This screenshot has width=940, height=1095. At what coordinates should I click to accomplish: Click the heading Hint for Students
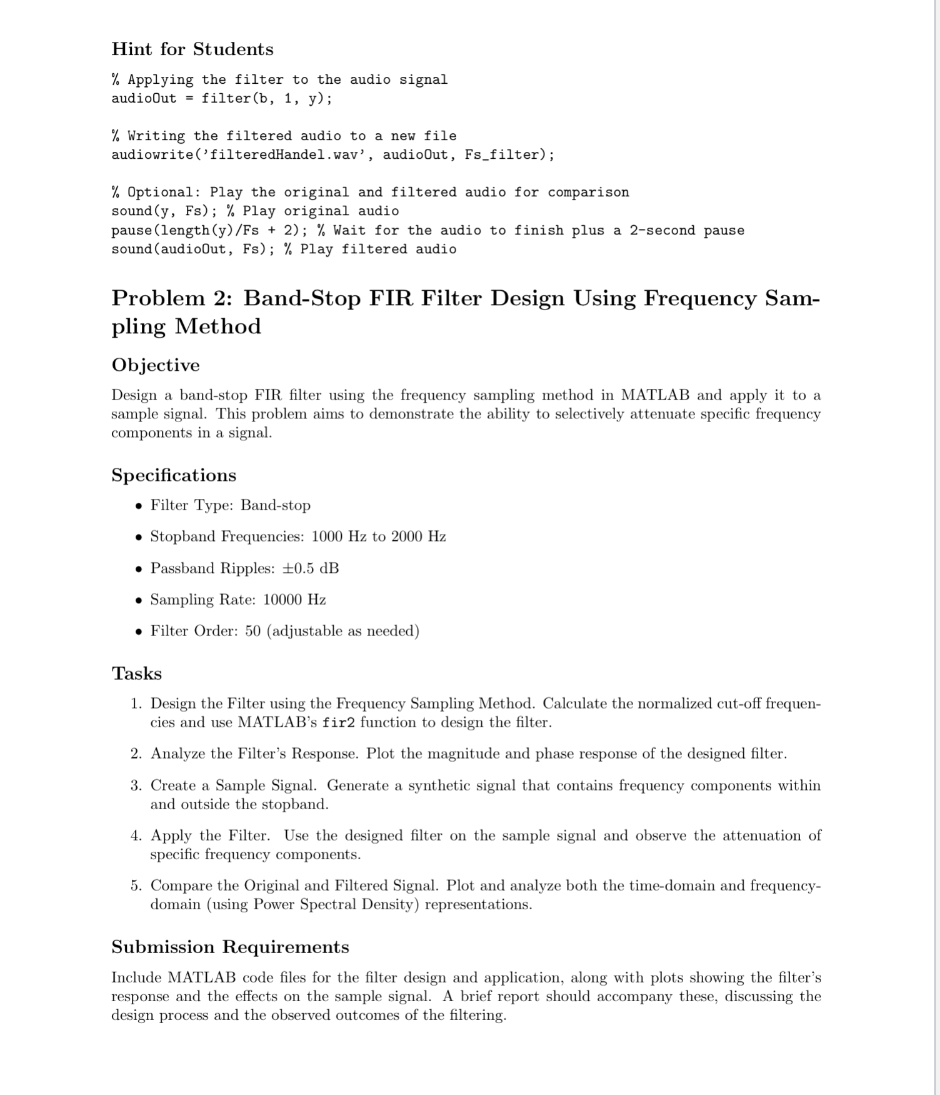click(x=192, y=49)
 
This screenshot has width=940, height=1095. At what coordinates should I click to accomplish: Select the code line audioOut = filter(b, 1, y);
click(x=221, y=98)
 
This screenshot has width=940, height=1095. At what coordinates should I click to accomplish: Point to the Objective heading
click(x=156, y=365)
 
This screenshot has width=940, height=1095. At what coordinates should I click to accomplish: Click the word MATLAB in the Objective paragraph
click(x=655, y=395)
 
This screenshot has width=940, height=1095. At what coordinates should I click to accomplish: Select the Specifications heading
click(x=174, y=475)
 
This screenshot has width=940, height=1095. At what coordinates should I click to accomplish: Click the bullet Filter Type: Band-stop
click(x=230, y=505)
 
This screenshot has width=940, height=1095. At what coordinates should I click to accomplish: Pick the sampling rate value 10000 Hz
click(x=294, y=600)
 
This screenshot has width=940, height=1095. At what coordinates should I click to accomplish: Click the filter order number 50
click(x=252, y=631)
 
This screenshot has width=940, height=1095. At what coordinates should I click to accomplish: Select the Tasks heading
click(x=136, y=674)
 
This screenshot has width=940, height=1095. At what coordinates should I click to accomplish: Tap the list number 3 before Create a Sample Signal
click(x=136, y=785)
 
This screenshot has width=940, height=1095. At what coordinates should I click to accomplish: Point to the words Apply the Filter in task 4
click(x=209, y=836)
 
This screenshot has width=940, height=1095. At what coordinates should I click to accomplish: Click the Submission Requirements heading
click(x=230, y=947)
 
